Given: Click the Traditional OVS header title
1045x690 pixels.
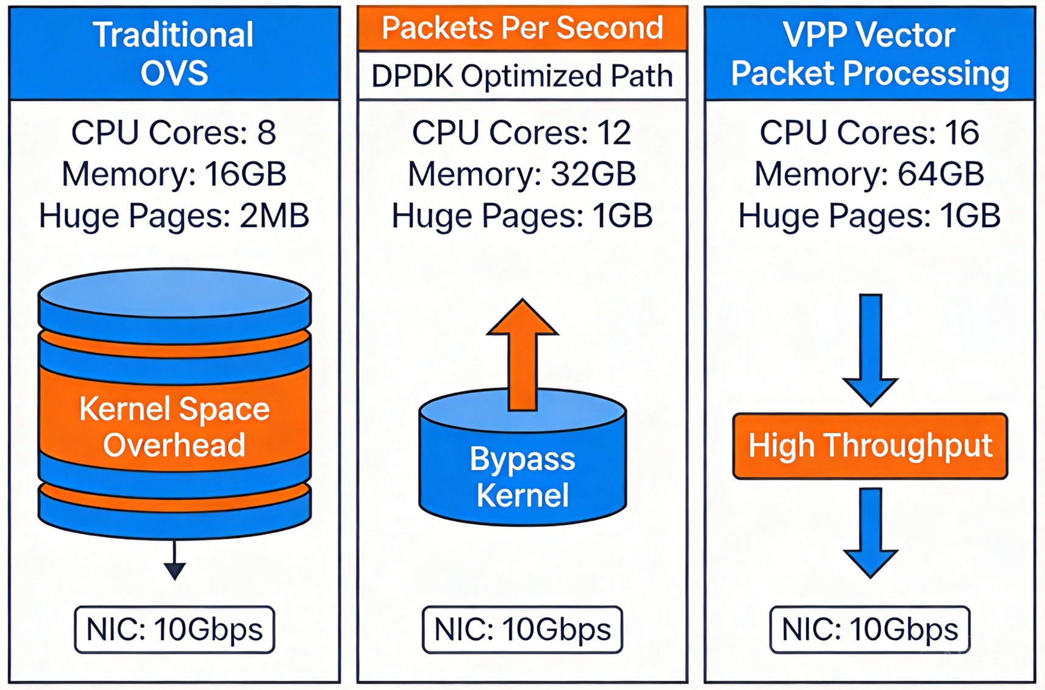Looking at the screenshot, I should coord(174,54).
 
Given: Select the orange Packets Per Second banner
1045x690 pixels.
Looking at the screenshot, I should coord(522,28).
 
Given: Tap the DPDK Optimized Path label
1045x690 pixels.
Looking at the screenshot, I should coord(522,76).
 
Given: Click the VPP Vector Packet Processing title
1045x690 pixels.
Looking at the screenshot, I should coord(869,54).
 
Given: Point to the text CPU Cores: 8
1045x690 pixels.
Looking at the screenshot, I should coord(174,132).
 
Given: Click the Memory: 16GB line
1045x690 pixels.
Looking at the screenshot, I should coord(174,174).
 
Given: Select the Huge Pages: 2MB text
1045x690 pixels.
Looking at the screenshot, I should coord(174,216).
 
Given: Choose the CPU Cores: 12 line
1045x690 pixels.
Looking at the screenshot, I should coord(522,132).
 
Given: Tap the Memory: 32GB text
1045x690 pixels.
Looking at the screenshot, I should coord(522,174).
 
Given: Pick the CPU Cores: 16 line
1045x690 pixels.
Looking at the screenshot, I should coord(869,132).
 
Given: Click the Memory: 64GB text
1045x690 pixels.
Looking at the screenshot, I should coord(869,174).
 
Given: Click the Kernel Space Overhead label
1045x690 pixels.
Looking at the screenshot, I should coord(174,426).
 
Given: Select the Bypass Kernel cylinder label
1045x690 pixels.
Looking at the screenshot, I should coord(522,476).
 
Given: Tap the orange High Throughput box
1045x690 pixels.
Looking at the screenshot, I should coord(870,446).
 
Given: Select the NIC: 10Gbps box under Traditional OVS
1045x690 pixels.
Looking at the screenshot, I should coord(174,629).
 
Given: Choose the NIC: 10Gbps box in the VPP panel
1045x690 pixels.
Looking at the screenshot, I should coord(869,629).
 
